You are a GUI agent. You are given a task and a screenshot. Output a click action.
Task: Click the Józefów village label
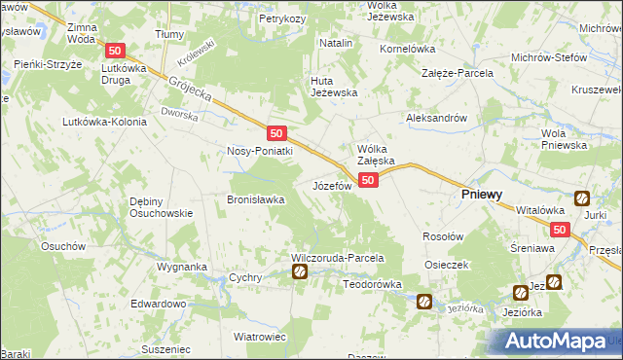tap(331, 185)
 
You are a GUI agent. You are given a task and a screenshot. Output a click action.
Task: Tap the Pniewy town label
tap(481, 195)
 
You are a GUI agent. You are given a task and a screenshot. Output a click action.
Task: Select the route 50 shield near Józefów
tap(367, 180)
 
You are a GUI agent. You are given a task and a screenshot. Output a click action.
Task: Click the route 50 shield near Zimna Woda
tap(116, 51)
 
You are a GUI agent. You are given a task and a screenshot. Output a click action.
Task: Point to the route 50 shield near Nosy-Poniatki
tap(277, 132)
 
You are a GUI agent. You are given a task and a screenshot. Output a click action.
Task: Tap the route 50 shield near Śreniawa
tap(559, 230)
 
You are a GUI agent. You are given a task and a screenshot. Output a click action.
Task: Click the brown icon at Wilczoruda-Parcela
tap(301, 273)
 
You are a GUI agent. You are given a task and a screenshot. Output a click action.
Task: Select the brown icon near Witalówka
tap(581, 198)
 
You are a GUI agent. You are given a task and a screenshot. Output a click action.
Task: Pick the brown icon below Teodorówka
tap(424, 302)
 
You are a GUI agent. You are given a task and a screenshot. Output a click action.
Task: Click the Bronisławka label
tap(255, 199)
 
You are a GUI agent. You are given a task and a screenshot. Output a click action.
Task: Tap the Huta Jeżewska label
tap(335, 87)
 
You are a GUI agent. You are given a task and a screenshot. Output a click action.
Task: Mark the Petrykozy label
tap(282, 18)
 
